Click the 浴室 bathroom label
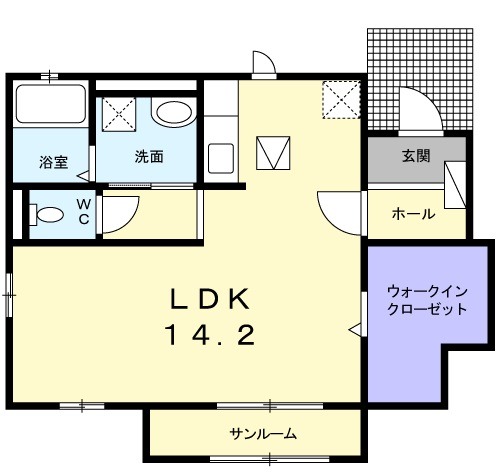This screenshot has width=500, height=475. point(54,162)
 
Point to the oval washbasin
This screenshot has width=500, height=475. point(170,114)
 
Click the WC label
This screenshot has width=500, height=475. point(84,211)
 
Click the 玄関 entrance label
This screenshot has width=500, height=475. point(416,156)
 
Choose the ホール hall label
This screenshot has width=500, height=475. point(412,213)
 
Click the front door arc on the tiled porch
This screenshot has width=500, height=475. point(413,107)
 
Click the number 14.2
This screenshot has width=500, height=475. point(212,335)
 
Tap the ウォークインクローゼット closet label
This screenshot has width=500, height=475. point(427,300)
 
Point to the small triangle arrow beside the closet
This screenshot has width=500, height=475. point(354,327)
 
